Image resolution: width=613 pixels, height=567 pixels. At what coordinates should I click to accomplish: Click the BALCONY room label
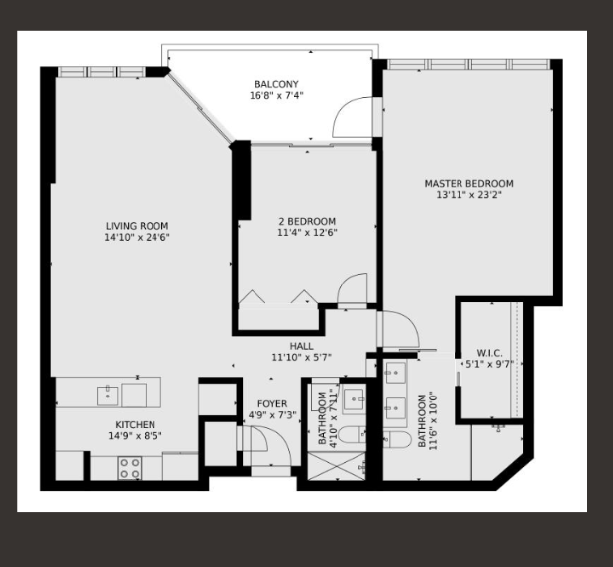click(x=276, y=84)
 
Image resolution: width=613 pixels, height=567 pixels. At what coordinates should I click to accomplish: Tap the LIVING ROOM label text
click(x=138, y=226)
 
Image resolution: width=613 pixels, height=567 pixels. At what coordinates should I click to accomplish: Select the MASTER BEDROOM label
click(x=469, y=184)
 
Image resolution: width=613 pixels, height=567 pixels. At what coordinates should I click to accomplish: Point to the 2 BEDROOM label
click(x=307, y=221)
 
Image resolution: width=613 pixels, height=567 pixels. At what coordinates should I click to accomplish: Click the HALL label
click(x=301, y=346)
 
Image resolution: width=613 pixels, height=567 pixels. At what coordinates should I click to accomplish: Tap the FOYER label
click(x=272, y=404)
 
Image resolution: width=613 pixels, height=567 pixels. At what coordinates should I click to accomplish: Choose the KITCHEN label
click(x=136, y=425)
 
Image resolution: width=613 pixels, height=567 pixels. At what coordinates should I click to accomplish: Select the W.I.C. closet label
click(x=490, y=353)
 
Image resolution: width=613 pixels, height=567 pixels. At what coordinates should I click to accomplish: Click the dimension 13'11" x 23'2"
click(x=469, y=195)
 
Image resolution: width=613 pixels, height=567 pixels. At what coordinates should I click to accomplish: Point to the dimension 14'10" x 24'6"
click(x=138, y=237)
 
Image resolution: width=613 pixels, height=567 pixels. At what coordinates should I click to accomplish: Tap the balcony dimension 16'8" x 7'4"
click(x=276, y=95)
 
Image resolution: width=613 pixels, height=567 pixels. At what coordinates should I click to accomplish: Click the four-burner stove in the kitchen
click(x=130, y=468)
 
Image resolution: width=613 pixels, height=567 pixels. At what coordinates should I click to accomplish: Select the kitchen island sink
click(x=108, y=396)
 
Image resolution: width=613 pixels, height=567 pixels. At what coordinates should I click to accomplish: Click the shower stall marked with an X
click(x=337, y=466)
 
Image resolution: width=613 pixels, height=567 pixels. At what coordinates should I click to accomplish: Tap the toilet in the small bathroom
click(x=352, y=435)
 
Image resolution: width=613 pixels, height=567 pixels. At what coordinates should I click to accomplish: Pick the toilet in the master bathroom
click(x=397, y=439)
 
